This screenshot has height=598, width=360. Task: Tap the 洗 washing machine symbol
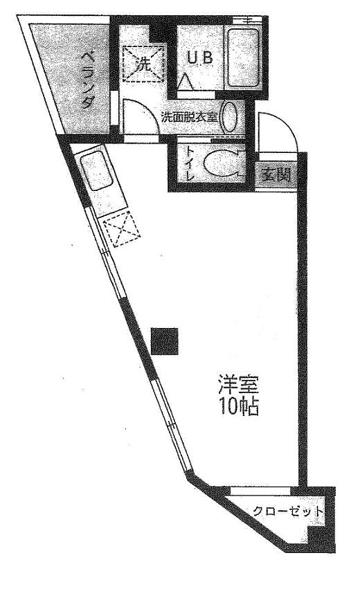click(x=145, y=63)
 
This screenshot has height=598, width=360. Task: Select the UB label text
click(x=199, y=58)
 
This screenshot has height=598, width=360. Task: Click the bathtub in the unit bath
click(x=243, y=57)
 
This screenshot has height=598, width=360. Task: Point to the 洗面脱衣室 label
click(x=190, y=117)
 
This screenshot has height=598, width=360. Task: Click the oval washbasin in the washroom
click(x=231, y=117)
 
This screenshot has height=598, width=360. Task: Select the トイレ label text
click(x=190, y=164)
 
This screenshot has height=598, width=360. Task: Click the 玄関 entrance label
click(x=276, y=175)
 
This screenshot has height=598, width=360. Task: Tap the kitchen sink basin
click(x=97, y=170)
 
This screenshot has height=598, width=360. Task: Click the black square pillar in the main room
click(x=165, y=341)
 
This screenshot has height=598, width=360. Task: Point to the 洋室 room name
click(x=239, y=385)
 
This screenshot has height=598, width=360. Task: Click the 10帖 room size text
click(x=239, y=406)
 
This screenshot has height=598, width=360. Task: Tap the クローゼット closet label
click(x=288, y=511)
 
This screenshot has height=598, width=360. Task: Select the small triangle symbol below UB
click(x=187, y=81)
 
